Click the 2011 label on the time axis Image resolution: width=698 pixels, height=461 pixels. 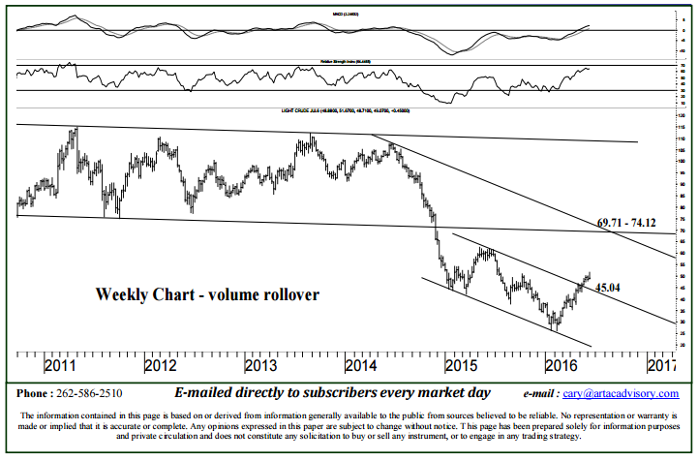[x=61, y=367]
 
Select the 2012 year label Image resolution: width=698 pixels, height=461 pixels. [x=160, y=367]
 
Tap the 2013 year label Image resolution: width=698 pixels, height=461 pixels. [x=260, y=367]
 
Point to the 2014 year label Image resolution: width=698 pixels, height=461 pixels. [x=361, y=367]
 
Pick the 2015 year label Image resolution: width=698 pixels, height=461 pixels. [x=461, y=367]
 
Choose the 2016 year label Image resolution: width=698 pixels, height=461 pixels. [x=561, y=367]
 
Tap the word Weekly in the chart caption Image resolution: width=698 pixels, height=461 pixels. [x=121, y=293]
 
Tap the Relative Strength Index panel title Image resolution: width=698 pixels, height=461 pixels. [x=345, y=61]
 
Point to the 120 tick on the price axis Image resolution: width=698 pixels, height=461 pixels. [x=683, y=116]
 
